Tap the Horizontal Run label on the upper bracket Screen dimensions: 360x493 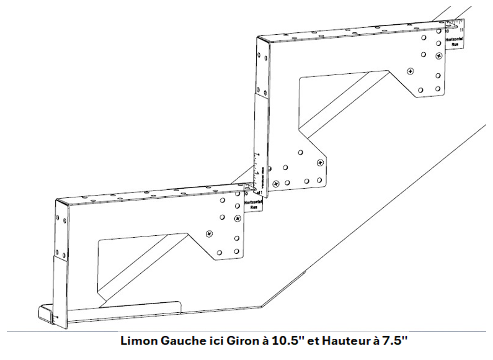point(455,42)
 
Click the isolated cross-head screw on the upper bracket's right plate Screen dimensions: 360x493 point(410,72)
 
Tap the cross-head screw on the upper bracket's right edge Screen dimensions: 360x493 point(439,56)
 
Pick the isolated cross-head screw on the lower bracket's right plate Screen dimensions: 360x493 point(210,233)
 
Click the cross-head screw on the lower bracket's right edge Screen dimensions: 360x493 point(238,218)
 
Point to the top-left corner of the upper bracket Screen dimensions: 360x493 point(258,38)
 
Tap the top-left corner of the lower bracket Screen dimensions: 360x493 point(57,200)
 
